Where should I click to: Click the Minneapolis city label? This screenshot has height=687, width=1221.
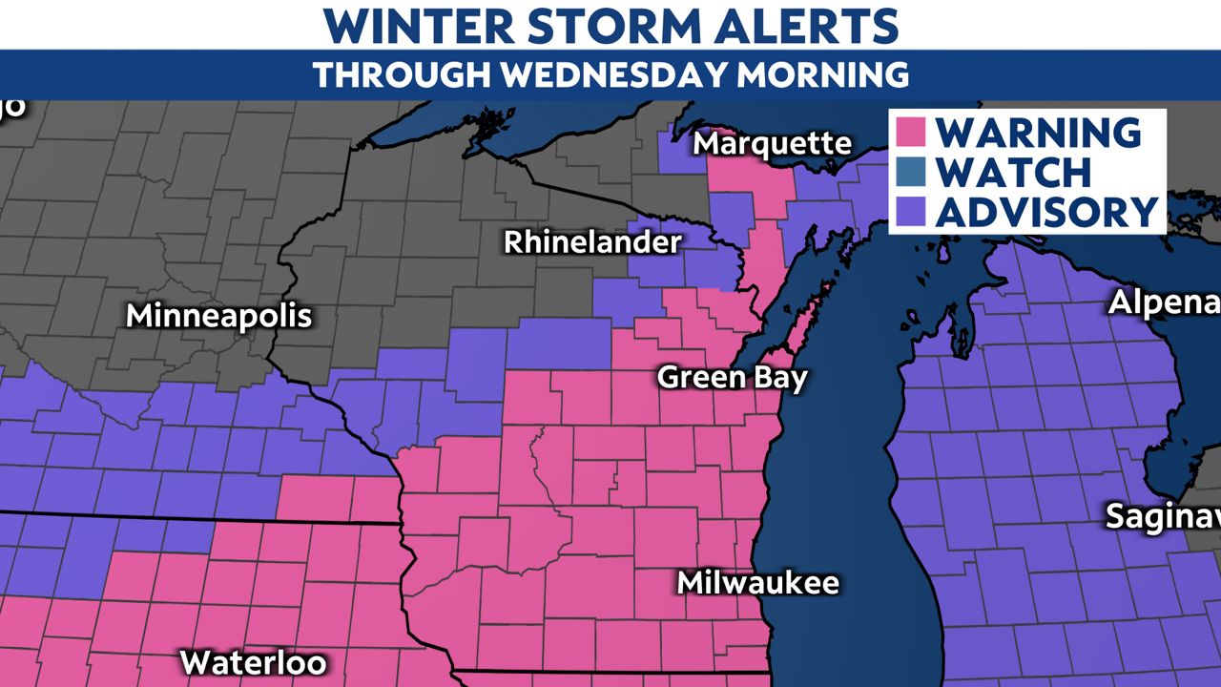219,316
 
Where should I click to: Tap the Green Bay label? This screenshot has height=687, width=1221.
733,378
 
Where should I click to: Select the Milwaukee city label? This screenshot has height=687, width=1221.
758,582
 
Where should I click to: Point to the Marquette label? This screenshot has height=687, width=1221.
773,144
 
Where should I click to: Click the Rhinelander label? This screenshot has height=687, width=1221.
592,242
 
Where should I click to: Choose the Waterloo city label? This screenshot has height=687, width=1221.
253,661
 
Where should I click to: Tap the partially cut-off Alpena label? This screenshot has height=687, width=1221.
1164,303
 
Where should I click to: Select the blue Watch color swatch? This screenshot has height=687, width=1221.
911,172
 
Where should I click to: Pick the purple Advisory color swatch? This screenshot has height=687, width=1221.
911,212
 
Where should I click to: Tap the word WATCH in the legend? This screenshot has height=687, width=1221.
1013,172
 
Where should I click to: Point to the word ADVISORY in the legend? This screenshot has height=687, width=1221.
1046,212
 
